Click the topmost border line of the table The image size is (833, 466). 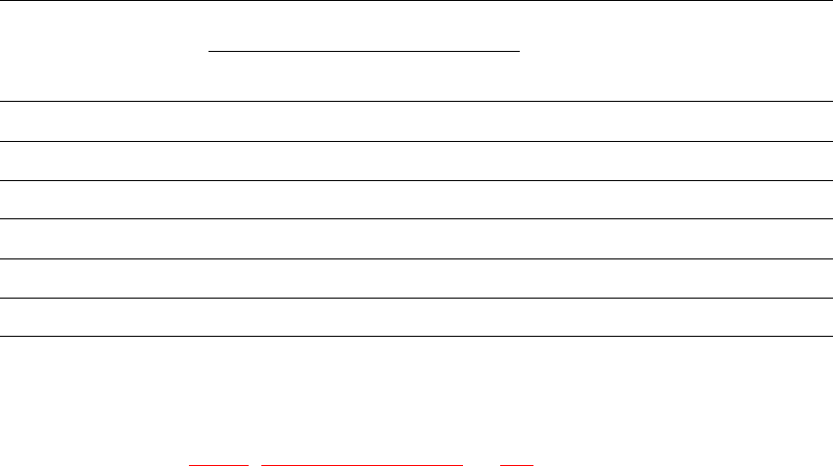tap(416, 1)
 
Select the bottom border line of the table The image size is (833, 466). tap(416, 337)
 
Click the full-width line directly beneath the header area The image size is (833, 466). tap(416, 101)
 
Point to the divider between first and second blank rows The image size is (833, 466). tap(416, 141)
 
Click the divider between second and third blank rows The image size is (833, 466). tap(416, 180)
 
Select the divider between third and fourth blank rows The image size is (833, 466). tap(416, 218)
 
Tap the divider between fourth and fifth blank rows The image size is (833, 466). tap(416, 258)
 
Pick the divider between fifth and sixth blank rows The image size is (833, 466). tap(416, 298)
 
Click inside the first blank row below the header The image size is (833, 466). tap(416, 121)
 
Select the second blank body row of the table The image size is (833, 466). tap(416, 161)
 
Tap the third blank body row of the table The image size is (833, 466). tap(416, 200)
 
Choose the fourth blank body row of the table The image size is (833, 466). tap(416, 239)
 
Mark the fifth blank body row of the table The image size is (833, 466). tap(416, 278)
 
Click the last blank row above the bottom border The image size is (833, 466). tap(416, 317)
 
